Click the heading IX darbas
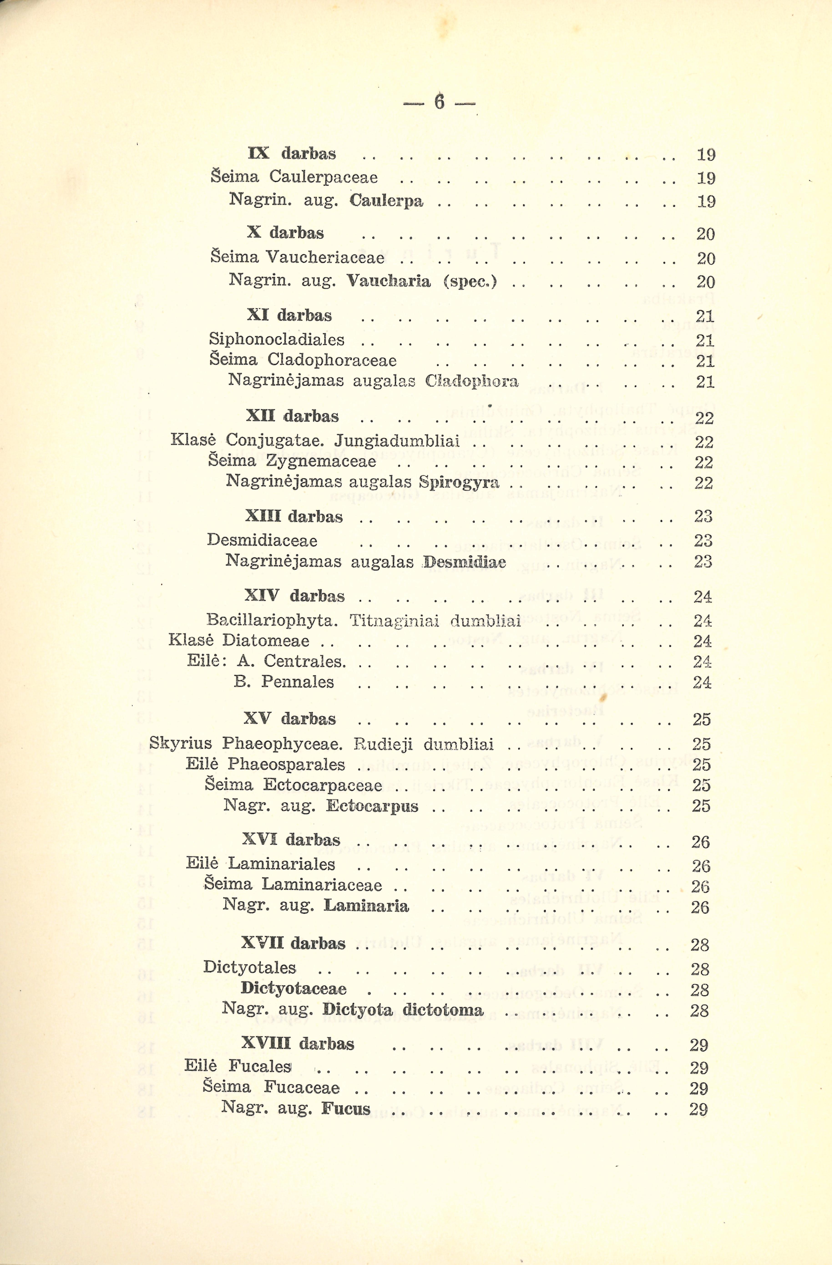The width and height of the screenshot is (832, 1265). click(292, 154)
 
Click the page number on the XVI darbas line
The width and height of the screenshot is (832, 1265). click(700, 842)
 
